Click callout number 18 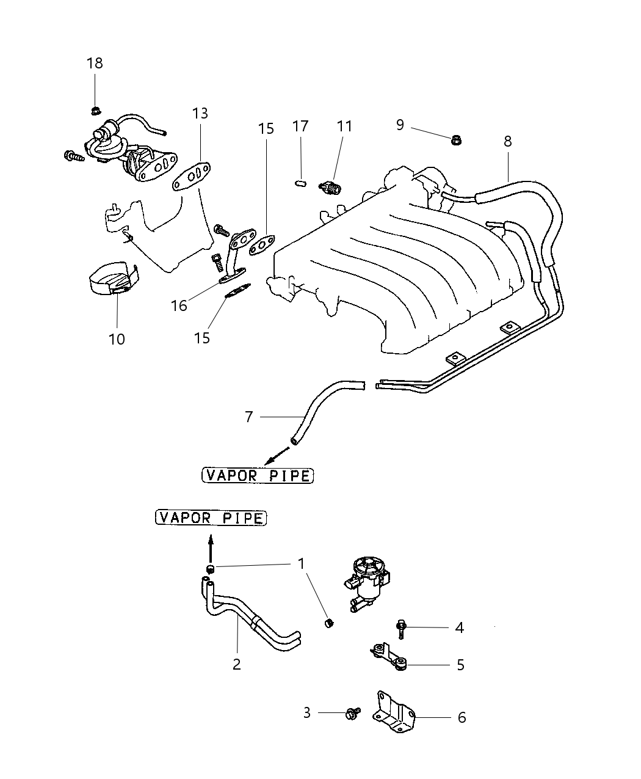(x=95, y=63)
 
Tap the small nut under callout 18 (x=95, y=111)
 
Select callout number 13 (x=200, y=113)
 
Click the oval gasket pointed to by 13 (x=192, y=177)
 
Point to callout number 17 (x=300, y=126)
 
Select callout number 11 (x=345, y=126)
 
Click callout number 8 (x=507, y=141)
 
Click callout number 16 (x=179, y=305)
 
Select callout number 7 (x=248, y=417)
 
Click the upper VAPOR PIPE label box (x=257, y=475)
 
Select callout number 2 (x=237, y=664)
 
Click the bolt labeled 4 (x=402, y=627)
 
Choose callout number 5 (x=460, y=665)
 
